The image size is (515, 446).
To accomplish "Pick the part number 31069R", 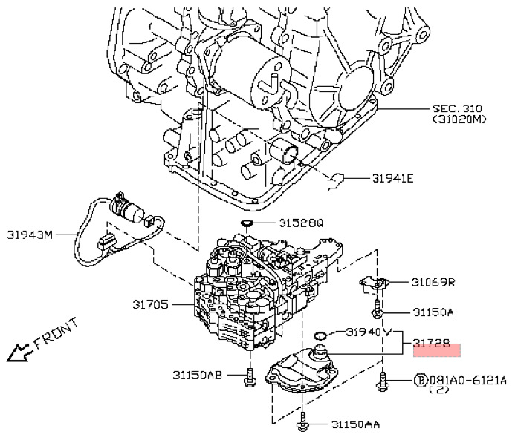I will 433,282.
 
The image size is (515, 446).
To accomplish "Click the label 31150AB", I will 197,375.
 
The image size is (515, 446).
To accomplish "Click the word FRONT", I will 56,336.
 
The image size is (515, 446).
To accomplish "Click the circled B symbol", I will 421,380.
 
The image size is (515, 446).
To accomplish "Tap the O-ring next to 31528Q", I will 247,223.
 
